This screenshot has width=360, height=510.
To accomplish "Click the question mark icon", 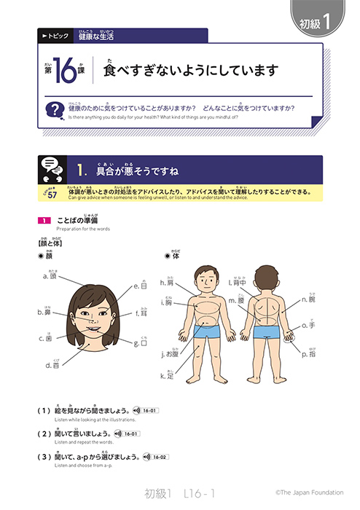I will (52, 111).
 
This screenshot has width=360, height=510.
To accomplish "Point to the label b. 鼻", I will (44, 313).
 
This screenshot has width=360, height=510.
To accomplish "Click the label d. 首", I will (53, 366).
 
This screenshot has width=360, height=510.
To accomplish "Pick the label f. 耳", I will (141, 314).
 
